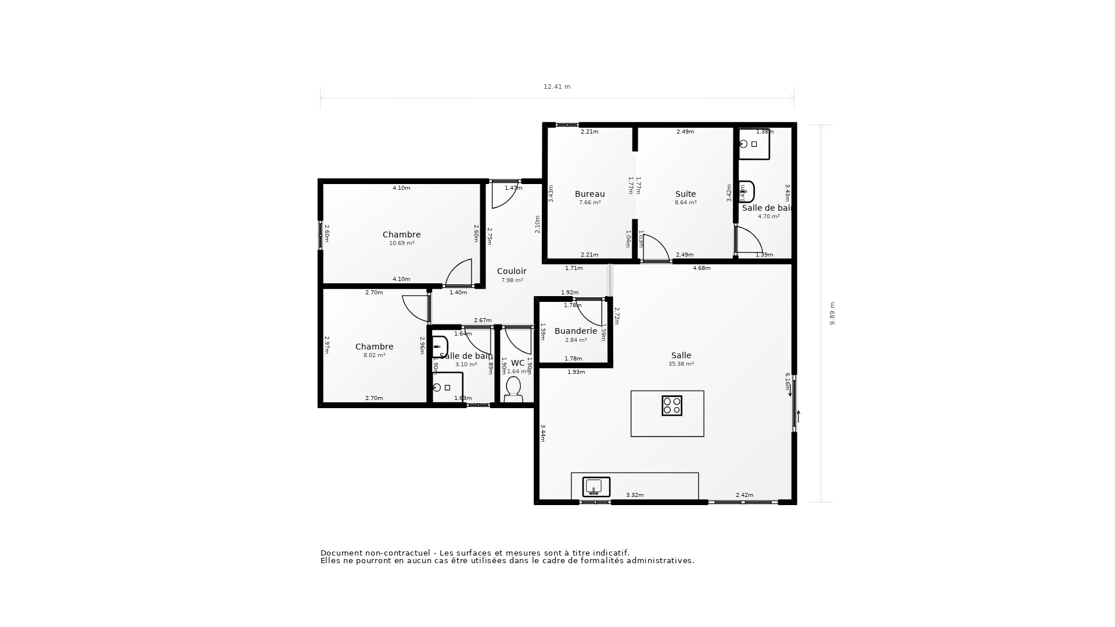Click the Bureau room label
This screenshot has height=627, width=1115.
coord(589,194)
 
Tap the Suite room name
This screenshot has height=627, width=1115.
coord(685,194)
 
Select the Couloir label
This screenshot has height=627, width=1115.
coord(512,271)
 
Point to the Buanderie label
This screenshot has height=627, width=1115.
coord(576,331)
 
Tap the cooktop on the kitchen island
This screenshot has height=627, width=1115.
coord(671,406)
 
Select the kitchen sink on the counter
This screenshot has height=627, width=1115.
coord(596,487)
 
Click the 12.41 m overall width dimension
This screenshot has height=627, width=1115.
coord(557,87)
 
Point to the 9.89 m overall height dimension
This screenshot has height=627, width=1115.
coord(832,313)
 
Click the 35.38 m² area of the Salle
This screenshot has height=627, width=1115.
coord(681,364)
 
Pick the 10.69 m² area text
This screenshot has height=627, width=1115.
coord(401,243)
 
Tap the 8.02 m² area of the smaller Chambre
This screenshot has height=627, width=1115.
coord(374,355)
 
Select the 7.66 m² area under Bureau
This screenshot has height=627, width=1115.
coord(589,203)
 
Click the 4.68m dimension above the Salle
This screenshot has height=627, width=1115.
coord(702,268)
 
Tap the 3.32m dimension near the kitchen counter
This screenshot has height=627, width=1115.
coord(634,495)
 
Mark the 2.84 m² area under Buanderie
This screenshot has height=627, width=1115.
coord(576,340)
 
